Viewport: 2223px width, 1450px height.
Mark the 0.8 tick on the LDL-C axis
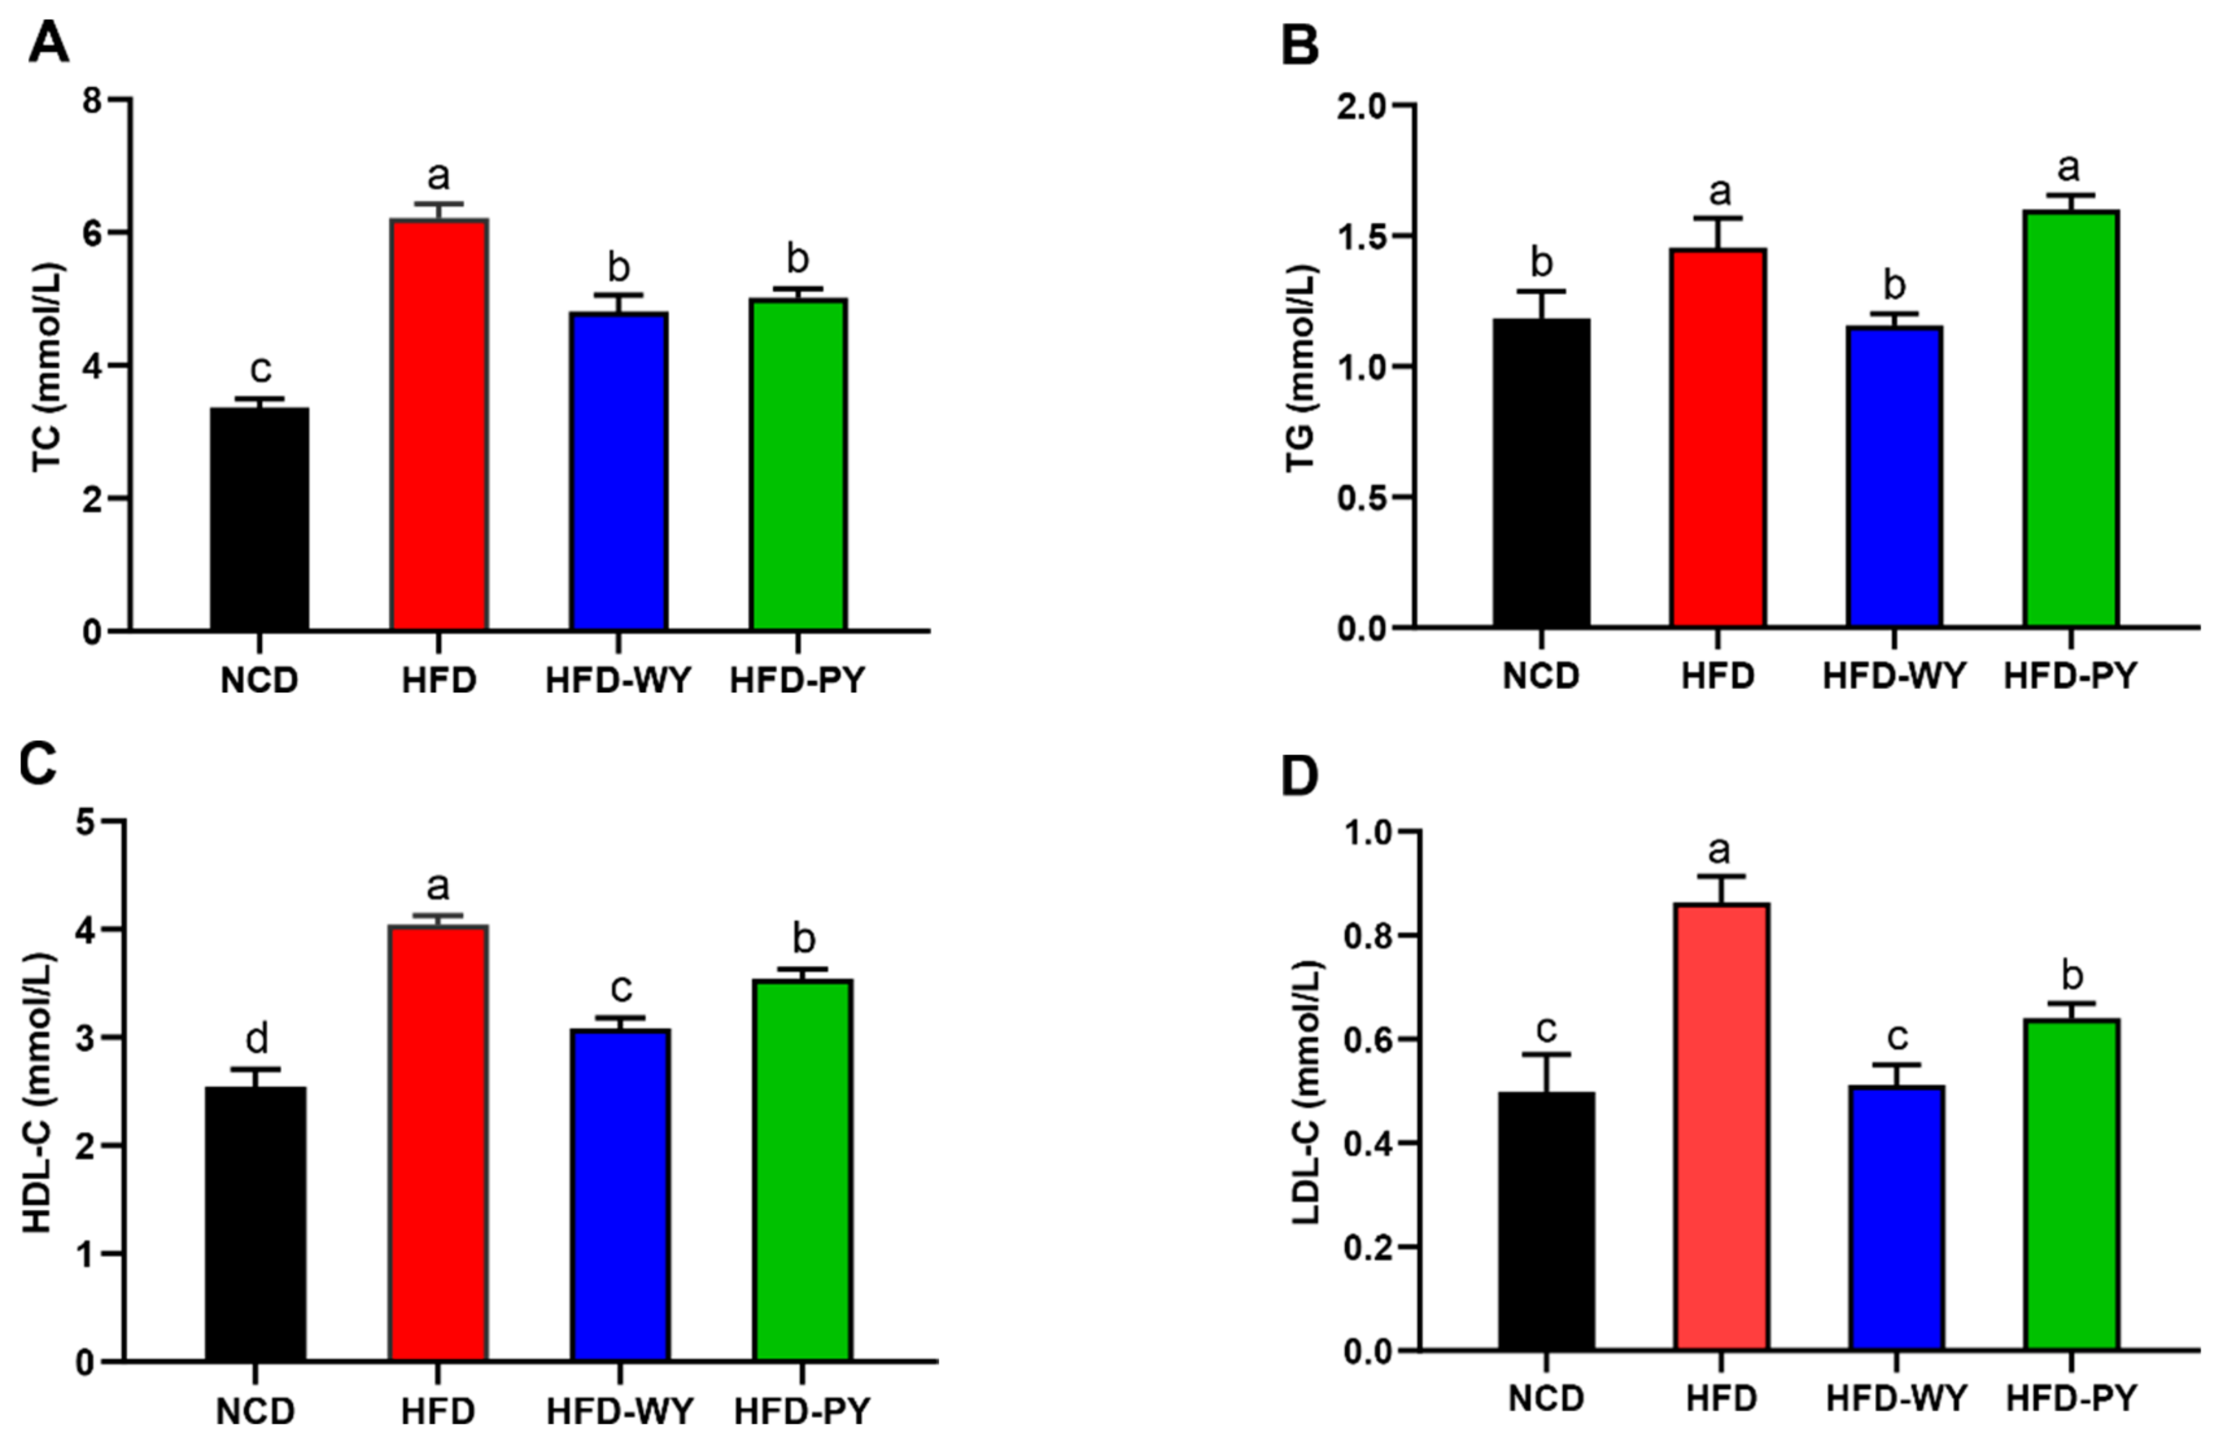coord(1366,935)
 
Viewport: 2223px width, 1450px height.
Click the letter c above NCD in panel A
coord(259,369)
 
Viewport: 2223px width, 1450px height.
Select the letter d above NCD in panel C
coord(256,1037)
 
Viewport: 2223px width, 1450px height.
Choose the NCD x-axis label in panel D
coord(1546,1424)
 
